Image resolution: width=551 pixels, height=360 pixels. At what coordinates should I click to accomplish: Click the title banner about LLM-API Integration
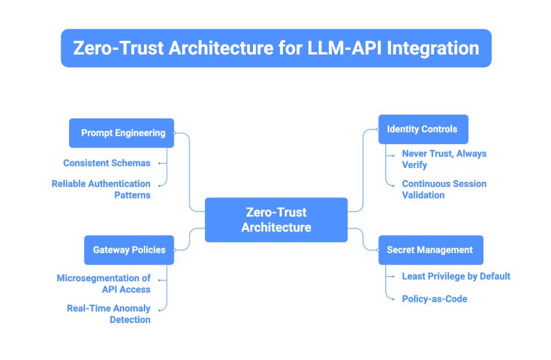coord(276,48)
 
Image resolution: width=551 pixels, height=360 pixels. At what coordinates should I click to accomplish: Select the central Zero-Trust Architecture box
coord(276,220)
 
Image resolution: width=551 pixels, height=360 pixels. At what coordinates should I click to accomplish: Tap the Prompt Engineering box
coord(122,133)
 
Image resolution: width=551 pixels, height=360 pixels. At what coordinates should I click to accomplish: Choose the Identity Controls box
coord(423,129)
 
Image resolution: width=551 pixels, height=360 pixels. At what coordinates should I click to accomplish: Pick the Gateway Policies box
coord(129,250)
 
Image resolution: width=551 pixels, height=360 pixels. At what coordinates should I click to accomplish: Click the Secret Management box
coord(430,250)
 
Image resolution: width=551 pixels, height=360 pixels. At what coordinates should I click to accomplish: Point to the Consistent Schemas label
coord(107,163)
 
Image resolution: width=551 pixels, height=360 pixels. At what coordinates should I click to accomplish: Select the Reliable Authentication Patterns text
coord(101,189)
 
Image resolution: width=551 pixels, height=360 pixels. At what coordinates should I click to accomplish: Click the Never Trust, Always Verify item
coord(444,159)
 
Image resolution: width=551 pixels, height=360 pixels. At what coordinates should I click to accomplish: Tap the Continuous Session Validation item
coord(444,189)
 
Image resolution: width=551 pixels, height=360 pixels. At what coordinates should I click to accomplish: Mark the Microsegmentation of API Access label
coord(103,284)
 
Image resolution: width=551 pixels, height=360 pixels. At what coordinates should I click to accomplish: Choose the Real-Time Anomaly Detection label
coord(109,314)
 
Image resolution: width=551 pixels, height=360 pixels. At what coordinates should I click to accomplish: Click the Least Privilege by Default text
coord(456,276)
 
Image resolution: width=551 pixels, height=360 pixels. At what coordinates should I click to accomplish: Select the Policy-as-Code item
coord(434,298)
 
